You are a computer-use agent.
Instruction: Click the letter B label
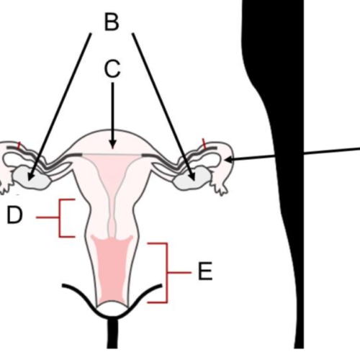(112, 22)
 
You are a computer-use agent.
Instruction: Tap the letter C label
(112, 68)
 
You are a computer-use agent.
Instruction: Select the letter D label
(14, 215)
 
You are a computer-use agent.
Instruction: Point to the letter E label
(205, 271)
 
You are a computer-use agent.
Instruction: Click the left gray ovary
(31, 179)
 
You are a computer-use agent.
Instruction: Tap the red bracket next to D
(59, 218)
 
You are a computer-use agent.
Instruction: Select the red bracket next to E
(167, 273)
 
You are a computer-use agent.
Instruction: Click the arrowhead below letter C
(112, 144)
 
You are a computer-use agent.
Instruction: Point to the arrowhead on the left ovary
(31, 176)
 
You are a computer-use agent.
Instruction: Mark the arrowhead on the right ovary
(192, 176)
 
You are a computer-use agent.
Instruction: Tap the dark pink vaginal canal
(112, 269)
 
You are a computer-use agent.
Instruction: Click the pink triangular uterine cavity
(112, 168)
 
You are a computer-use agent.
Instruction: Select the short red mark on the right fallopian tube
(204, 143)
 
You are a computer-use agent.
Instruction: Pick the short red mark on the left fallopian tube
(19, 145)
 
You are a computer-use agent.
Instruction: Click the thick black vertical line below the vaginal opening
(112, 333)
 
